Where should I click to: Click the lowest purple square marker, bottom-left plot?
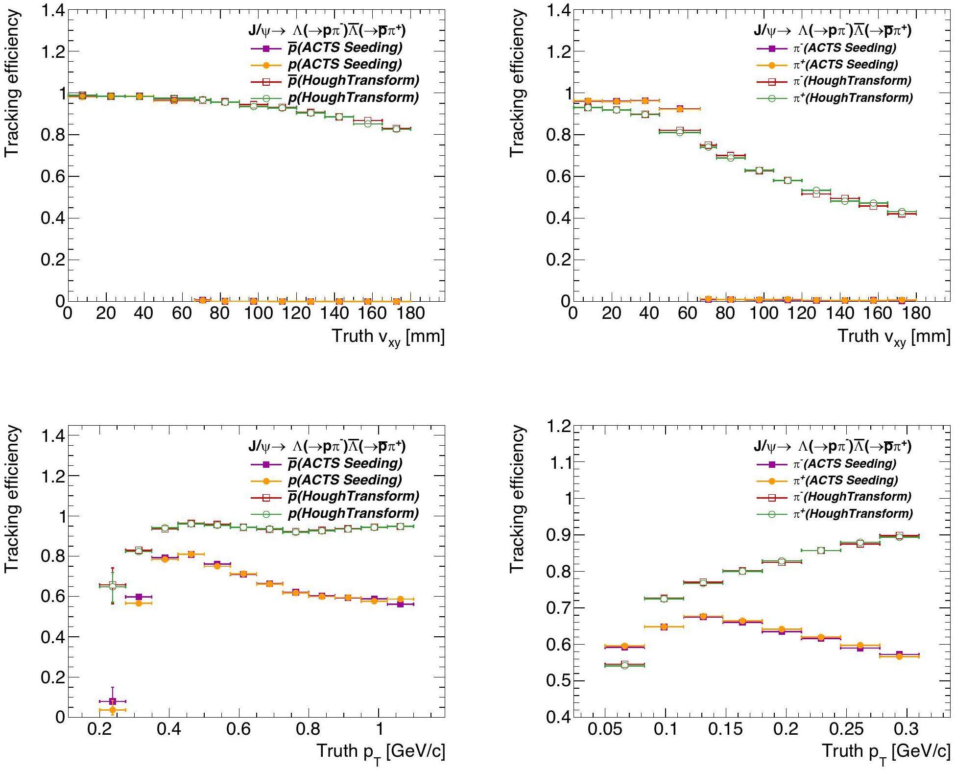tap(113, 701)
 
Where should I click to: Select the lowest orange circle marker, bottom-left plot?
tap(113, 710)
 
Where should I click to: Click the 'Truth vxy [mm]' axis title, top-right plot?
tap(894, 337)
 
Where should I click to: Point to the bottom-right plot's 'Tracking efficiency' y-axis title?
tap(517, 499)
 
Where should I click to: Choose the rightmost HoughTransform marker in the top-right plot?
tap(902, 213)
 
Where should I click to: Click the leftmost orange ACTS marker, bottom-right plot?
tap(624, 646)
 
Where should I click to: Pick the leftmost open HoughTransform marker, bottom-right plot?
tap(624, 665)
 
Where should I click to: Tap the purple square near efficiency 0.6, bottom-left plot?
tap(139, 597)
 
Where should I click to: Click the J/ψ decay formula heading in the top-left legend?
tap(327, 31)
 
